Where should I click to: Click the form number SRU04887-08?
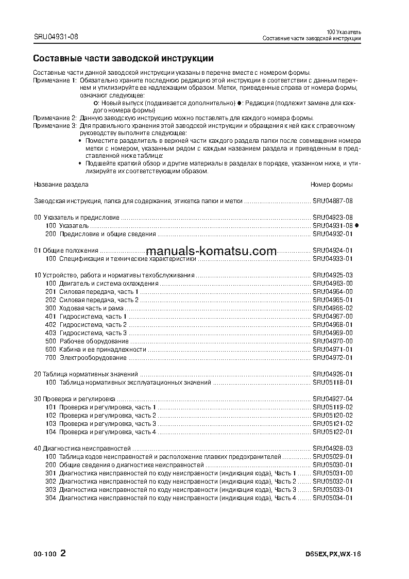[x=333, y=201]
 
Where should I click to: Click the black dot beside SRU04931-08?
[x=357, y=226]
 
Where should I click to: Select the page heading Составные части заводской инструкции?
[x=123, y=58]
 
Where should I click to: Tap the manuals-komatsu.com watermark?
[x=212, y=251]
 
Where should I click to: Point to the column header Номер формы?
[x=332, y=185]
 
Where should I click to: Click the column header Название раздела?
[x=61, y=185]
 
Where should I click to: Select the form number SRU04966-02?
[x=333, y=308]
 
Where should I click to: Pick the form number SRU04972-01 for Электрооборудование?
[x=333, y=358]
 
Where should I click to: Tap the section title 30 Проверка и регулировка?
[x=75, y=399]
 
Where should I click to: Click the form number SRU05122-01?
[x=333, y=432]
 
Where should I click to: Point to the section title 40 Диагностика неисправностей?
[x=82, y=449]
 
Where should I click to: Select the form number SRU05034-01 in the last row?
[x=333, y=498]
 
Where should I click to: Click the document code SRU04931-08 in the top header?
[x=56, y=37]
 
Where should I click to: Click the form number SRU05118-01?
[x=333, y=383]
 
